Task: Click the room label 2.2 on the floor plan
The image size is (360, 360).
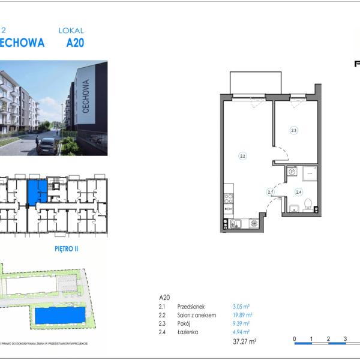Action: [x=242, y=157]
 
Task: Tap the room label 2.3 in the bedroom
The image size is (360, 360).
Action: [x=294, y=130]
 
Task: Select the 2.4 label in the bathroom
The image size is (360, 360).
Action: [x=298, y=192]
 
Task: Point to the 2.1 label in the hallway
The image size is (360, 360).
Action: [x=270, y=192]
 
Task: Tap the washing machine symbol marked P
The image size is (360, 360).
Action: [x=292, y=172]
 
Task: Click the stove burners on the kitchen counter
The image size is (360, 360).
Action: [x=228, y=199]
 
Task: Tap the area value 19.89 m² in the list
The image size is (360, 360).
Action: [x=242, y=314]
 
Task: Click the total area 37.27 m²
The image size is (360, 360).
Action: [x=245, y=342]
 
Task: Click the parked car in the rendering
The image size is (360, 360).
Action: [x=47, y=145]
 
